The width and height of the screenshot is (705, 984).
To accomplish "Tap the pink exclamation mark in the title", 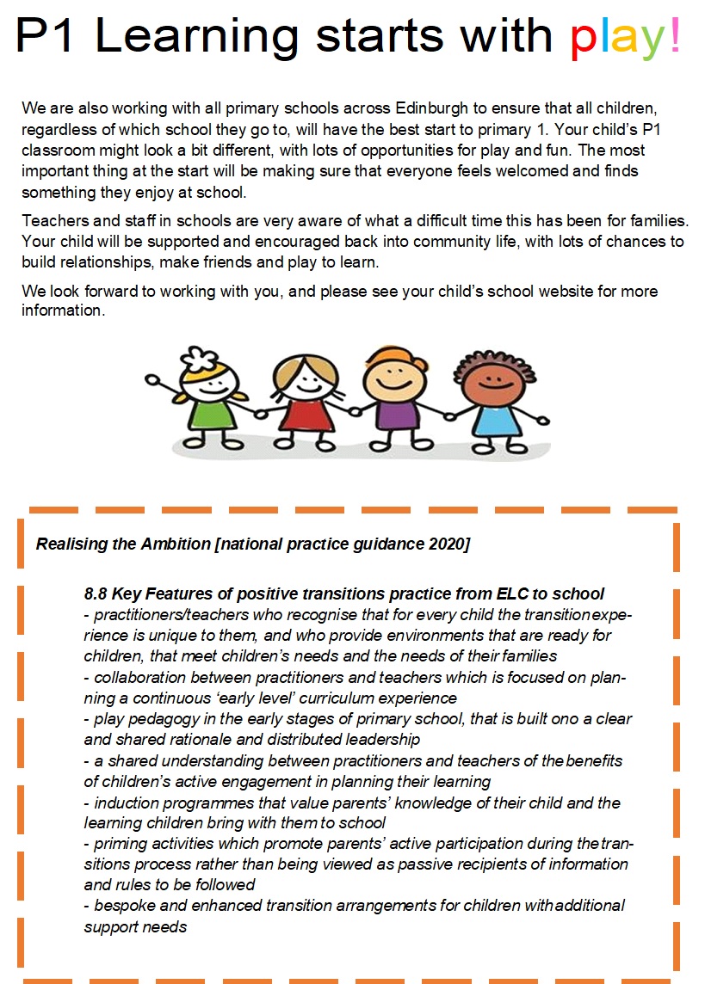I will tap(674, 34).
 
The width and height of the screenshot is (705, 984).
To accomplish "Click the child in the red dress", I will tap(300, 404).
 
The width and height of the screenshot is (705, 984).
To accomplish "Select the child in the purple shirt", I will tap(393, 404).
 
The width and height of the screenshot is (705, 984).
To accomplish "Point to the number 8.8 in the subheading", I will tap(96, 593).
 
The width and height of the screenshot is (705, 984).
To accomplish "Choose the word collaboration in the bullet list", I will tap(139, 677).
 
